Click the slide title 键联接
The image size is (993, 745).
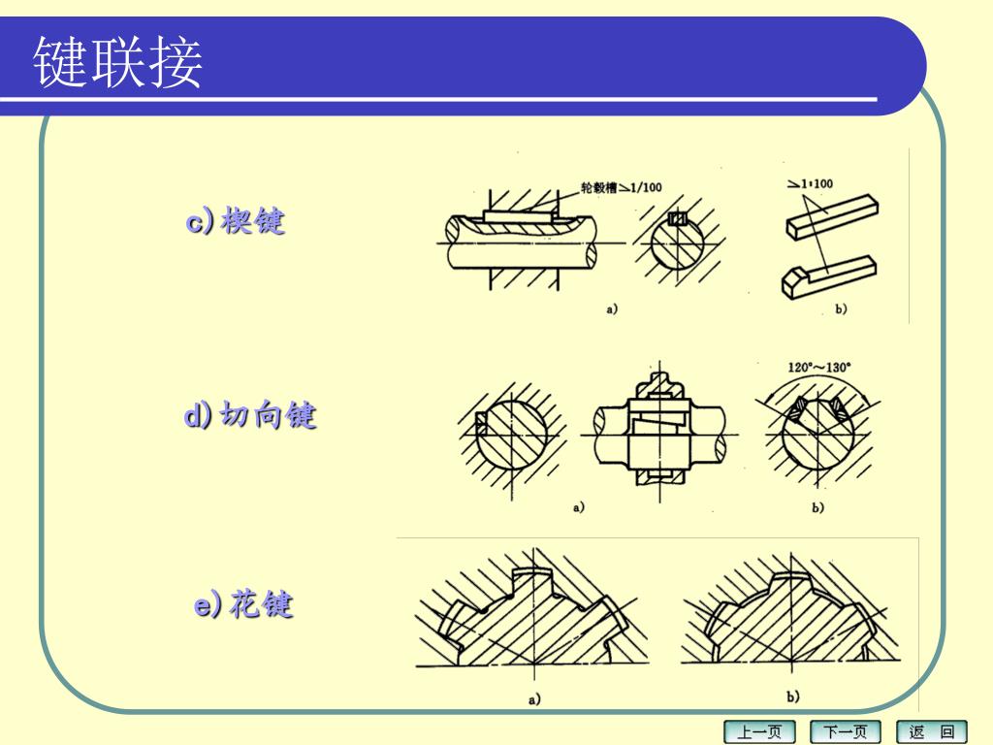click(x=117, y=61)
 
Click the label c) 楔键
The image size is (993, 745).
click(x=236, y=221)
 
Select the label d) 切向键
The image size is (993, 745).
click(x=249, y=415)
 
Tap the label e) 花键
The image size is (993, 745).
click(x=243, y=603)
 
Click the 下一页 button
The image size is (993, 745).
click(x=847, y=731)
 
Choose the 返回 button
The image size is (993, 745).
click(x=932, y=731)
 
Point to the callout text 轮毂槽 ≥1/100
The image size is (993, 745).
click(x=622, y=187)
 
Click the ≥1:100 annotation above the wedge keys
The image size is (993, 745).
click(x=810, y=183)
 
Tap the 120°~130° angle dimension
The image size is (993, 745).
click(x=818, y=367)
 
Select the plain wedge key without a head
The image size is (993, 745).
click(x=832, y=216)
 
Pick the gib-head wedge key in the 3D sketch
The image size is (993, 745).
click(x=829, y=276)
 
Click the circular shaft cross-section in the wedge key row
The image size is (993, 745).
click(x=677, y=243)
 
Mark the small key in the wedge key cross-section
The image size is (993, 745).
click(x=678, y=218)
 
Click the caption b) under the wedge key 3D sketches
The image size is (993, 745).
click(x=841, y=309)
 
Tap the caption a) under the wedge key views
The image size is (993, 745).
click(x=611, y=309)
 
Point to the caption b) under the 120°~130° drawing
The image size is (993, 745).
click(x=817, y=507)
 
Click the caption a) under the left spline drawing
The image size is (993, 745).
click(x=534, y=699)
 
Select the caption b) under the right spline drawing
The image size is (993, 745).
click(x=792, y=696)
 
